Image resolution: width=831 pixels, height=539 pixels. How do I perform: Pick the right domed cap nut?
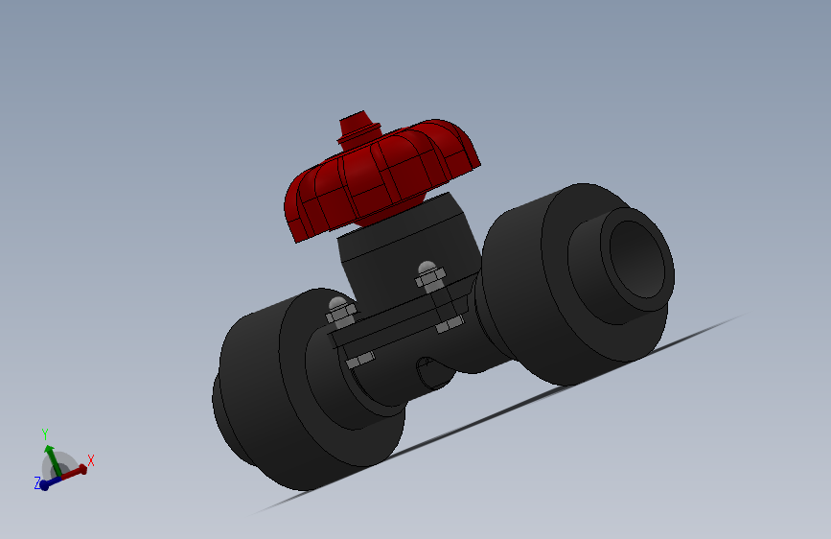point(427,272)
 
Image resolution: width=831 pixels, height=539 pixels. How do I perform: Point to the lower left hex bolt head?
point(358,360)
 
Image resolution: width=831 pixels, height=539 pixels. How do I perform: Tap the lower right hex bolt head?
point(449,327)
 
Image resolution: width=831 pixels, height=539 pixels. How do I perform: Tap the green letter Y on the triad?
point(45,434)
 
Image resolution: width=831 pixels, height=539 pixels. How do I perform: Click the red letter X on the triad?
point(91,460)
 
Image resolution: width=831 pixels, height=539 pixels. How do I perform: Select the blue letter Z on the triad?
point(37,483)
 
